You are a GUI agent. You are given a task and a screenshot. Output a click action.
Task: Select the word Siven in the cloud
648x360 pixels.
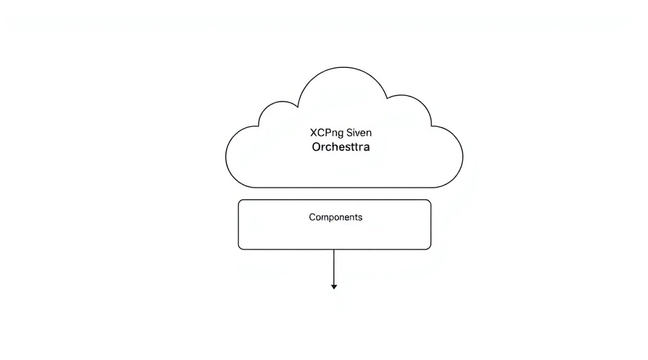point(359,133)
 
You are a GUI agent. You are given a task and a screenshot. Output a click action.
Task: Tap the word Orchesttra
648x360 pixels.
point(340,147)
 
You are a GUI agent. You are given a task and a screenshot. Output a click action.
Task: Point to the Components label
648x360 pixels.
point(336,217)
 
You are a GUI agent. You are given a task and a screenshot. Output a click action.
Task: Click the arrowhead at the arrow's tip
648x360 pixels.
point(334,287)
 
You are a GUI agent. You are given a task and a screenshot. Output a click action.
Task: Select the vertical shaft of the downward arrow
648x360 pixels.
point(334,267)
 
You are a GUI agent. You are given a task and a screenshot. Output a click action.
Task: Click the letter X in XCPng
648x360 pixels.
point(313,133)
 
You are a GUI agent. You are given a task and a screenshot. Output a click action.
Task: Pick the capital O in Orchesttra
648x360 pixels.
point(316,147)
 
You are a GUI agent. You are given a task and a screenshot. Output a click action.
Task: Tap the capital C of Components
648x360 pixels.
point(312,217)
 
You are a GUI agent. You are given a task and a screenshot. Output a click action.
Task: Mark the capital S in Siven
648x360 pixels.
point(350,133)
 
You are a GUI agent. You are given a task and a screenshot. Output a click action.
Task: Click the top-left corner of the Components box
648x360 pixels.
point(239,200)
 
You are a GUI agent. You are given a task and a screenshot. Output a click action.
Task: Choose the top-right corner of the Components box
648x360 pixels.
point(431,200)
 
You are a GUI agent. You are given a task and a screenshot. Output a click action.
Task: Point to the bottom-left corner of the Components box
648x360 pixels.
point(239,249)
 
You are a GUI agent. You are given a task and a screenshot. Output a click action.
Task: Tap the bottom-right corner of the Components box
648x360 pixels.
point(431,249)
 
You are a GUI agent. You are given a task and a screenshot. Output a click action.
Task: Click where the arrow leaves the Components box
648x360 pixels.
point(334,249)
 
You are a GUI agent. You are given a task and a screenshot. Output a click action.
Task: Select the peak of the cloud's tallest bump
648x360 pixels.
point(343,67)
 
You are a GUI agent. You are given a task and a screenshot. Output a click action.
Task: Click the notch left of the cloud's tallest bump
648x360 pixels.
point(298,107)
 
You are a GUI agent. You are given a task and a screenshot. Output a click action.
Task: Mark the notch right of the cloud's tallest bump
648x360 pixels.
point(387,98)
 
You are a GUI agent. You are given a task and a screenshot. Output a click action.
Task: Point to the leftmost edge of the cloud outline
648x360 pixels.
point(226,156)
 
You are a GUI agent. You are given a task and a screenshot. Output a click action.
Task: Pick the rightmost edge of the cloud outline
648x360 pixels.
point(463,156)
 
